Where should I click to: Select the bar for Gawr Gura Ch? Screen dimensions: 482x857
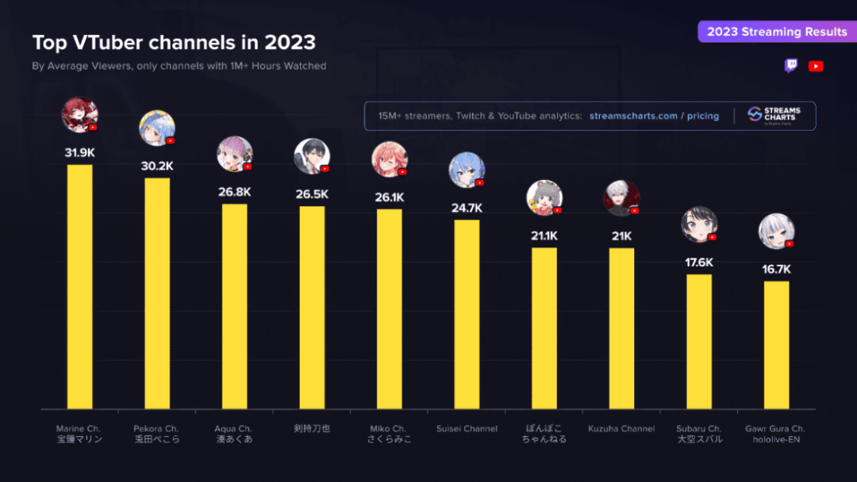pyautogui.click(x=776, y=345)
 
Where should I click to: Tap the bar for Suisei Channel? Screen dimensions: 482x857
pyautogui.click(x=467, y=314)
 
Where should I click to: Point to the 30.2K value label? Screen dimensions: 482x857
pyautogui.click(x=157, y=166)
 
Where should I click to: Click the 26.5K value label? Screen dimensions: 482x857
pyautogui.click(x=312, y=194)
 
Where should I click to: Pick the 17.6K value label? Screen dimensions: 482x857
pyautogui.click(x=699, y=262)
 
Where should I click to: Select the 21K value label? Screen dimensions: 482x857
pyautogui.click(x=621, y=236)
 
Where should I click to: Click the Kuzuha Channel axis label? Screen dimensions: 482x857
pyautogui.click(x=621, y=429)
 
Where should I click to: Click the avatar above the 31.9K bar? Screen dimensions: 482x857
pyautogui.click(x=79, y=116)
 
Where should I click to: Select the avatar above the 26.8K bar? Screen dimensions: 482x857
pyautogui.click(x=234, y=154)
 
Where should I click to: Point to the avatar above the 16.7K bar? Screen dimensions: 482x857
pyautogui.click(x=776, y=231)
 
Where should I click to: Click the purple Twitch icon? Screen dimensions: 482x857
pyautogui.click(x=791, y=66)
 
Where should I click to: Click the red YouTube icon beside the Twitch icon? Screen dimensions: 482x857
pyautogui.click(x=816, y=67)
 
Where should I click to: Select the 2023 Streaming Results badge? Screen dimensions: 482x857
pyautogui.click(x=777, y=32)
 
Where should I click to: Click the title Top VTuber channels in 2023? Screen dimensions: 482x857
pyautogui.click(x=174, y=42)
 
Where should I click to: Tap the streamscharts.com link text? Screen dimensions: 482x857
pyautogui.click(x=633, y=116)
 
